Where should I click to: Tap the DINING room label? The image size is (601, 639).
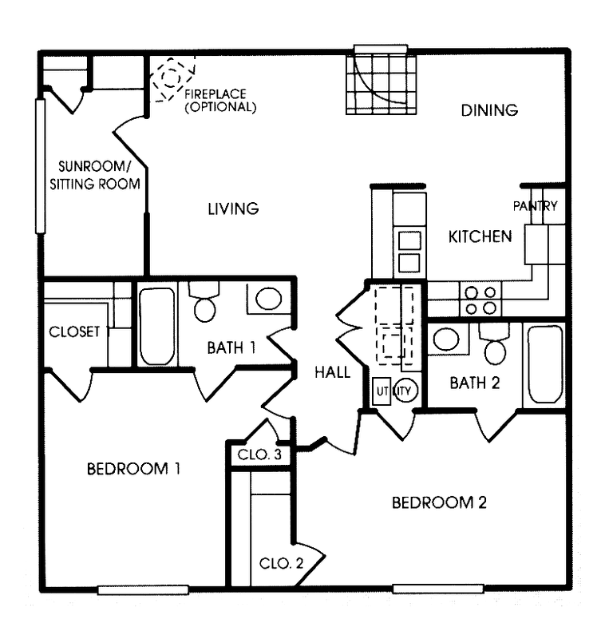click(489, 110)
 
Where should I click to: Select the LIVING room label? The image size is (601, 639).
click(233, 209)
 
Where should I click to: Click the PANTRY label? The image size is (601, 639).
click(535, 206)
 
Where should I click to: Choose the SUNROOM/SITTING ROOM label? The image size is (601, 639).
click(100, 176)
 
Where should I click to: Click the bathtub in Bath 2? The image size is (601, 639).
click(544, 364)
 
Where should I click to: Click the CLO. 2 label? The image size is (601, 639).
click(281, 562)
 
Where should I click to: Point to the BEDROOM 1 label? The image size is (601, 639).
click(132, 469)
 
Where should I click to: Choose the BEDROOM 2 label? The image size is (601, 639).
click(438, 503)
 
